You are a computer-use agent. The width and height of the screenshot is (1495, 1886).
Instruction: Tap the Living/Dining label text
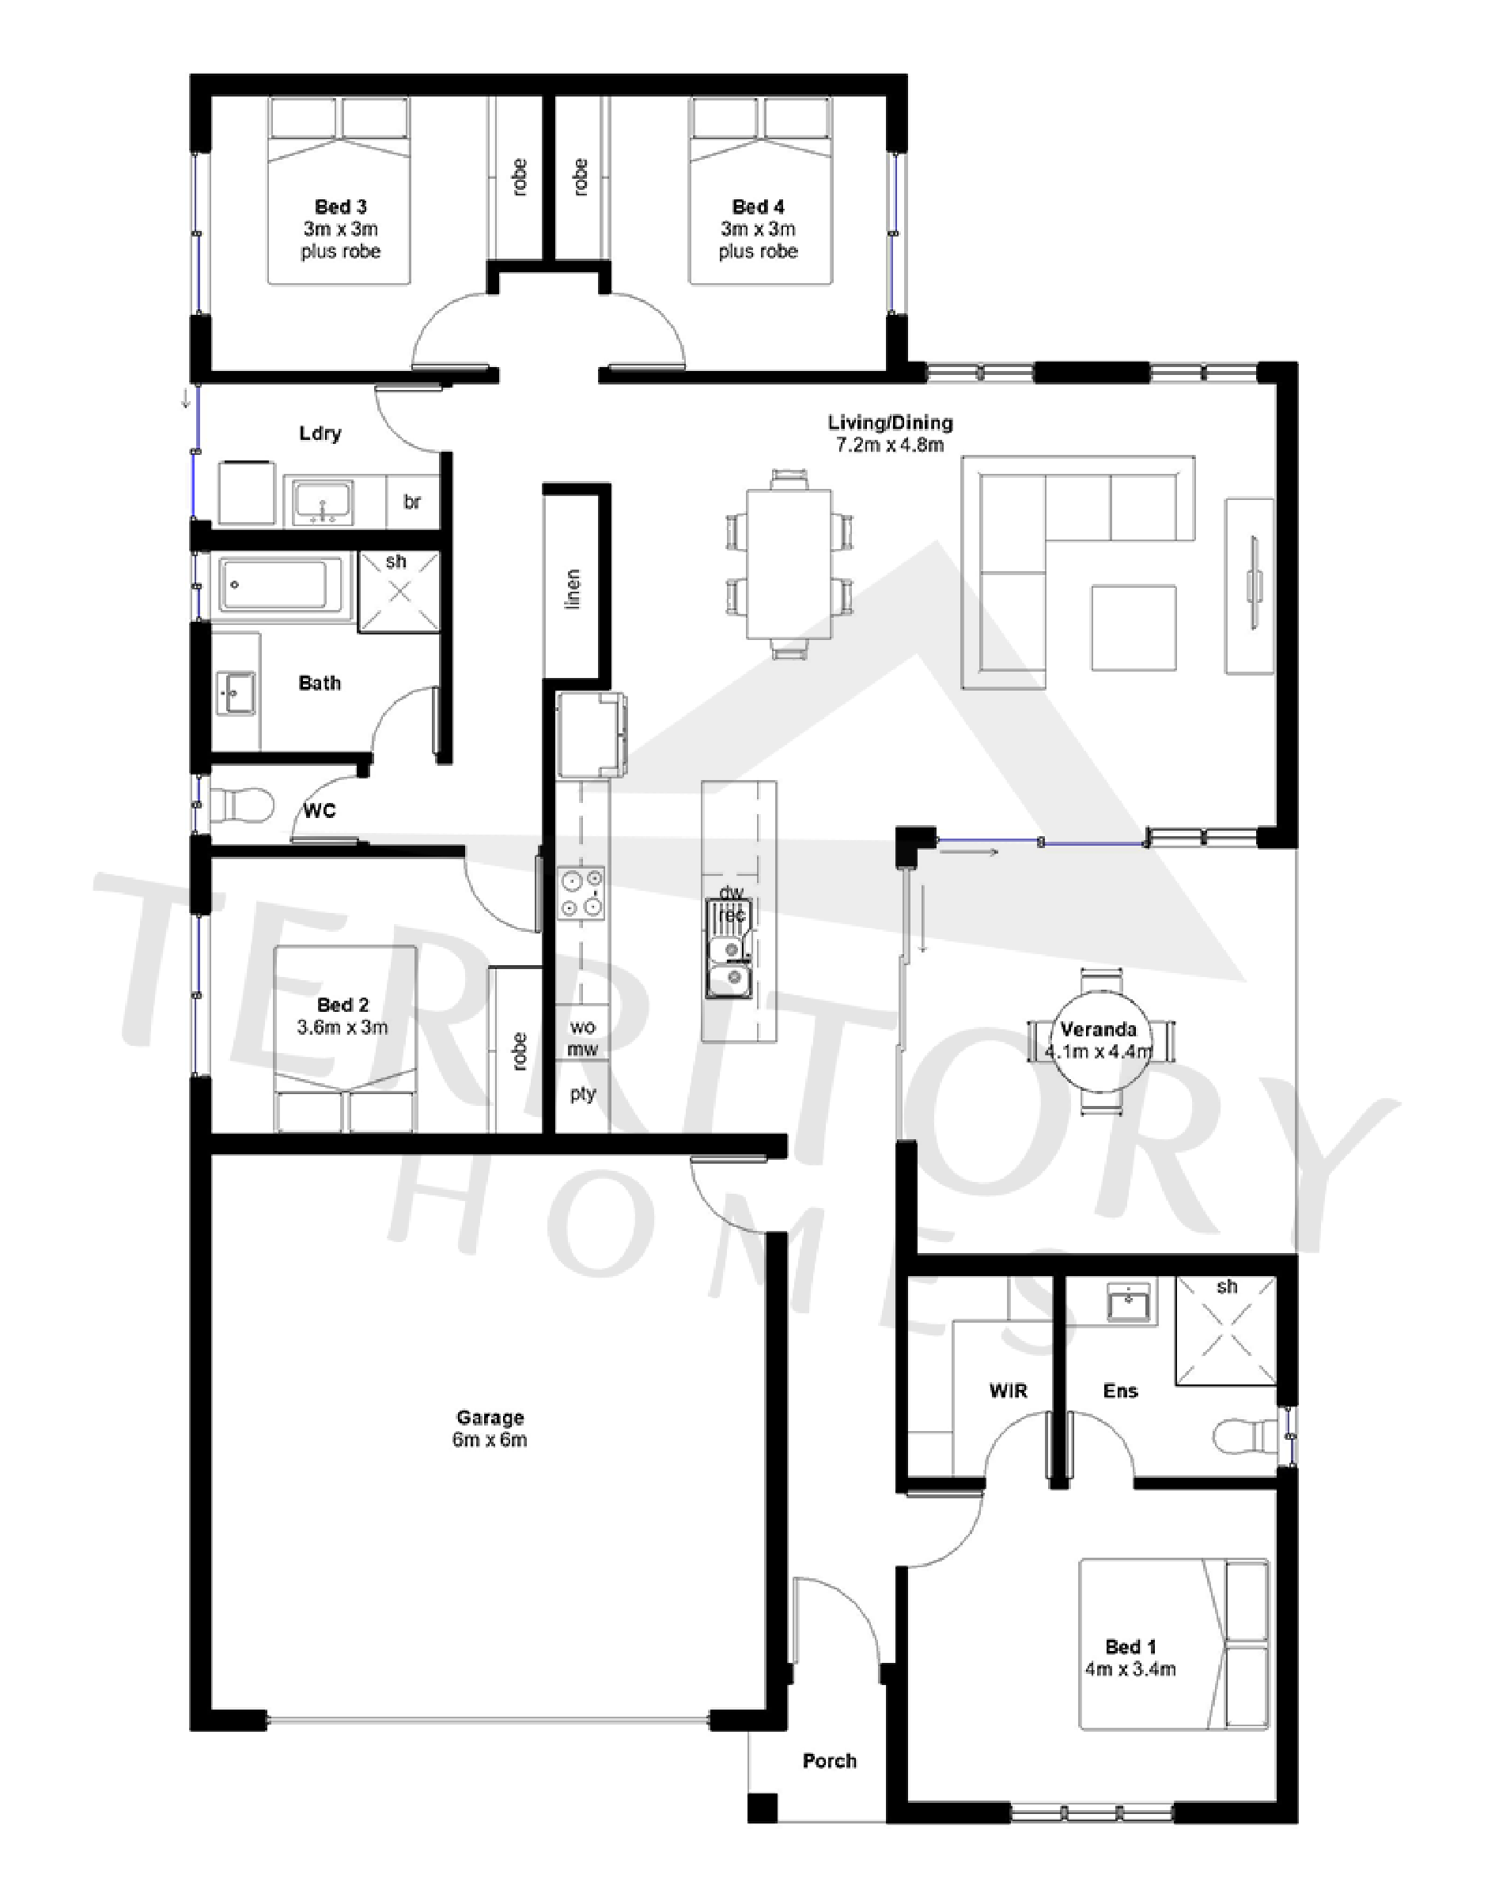[x=890, y=422]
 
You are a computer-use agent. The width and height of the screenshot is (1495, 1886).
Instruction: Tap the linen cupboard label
[x=573, y=589]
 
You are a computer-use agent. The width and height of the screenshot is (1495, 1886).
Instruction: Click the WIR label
[x=1008, y=1390]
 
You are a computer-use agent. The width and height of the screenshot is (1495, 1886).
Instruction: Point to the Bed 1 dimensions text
[x=1130, y=1669]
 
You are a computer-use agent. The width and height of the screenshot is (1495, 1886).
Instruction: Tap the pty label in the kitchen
[x=583, y=1094]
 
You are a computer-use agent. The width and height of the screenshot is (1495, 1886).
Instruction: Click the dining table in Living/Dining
[x=788, y=564]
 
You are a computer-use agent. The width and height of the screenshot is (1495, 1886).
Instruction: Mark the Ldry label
[x=320, y=433]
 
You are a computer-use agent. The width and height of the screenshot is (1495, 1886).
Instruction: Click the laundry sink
[x=323, y=502]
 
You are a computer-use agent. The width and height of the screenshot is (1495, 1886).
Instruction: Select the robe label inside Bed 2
[x=520, y=1051]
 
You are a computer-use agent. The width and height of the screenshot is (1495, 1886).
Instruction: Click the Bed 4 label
[x=758, y=207]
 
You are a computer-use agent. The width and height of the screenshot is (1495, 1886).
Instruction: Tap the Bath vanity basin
[x=235, y=693]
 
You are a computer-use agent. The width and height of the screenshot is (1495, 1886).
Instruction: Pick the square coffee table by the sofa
[x=1133, y=627]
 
